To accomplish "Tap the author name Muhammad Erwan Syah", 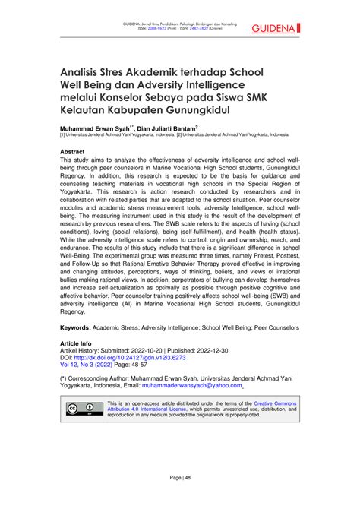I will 96,129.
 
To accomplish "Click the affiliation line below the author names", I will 174,137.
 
